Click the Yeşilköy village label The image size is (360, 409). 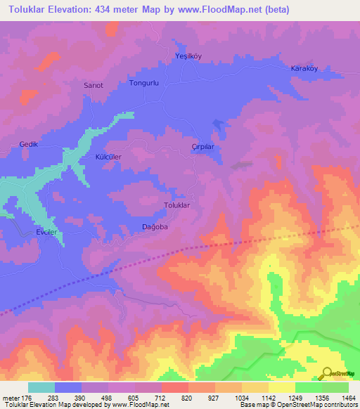click(x=188, y=56)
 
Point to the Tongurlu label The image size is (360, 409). click(x=144, y=83)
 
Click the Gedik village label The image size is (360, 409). click(x=27, y=144)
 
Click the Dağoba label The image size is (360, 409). click(x=152, y=226)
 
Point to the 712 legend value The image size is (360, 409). click(x=162, y=398)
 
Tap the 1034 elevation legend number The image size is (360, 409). click(x=241, y=398)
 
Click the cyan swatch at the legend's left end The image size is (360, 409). click(x=41, y=387)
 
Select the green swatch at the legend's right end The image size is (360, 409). click(x=335, y=387)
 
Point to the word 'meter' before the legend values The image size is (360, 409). click(x=11, y=398)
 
